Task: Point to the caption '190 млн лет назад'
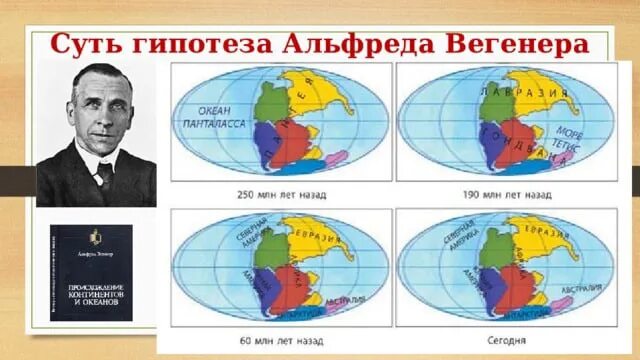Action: coord(507,193)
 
